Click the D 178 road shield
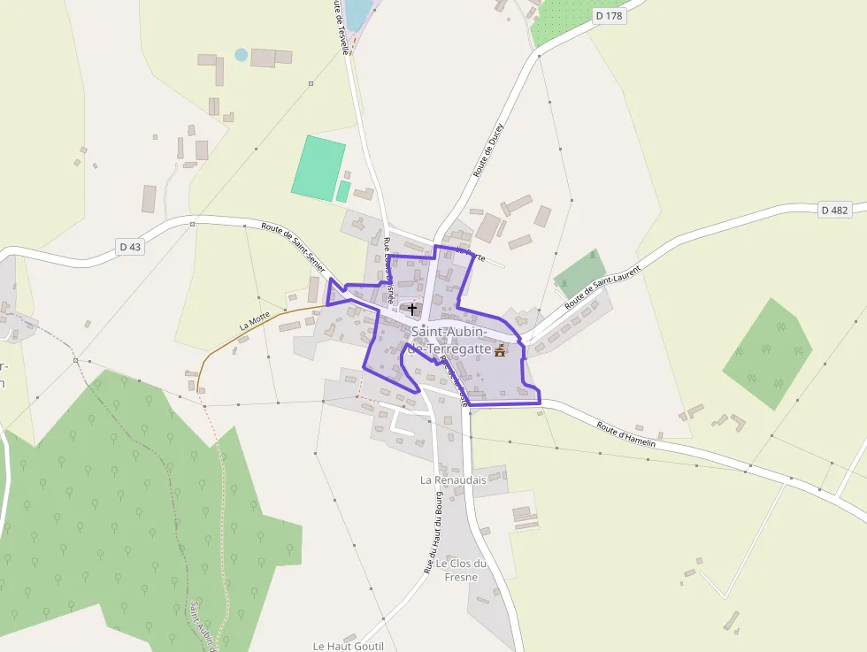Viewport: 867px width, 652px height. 610,15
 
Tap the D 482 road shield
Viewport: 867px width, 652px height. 834,210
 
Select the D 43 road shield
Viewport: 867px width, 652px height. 130,247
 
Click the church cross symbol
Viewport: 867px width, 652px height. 412,309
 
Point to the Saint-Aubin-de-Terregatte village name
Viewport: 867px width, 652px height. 450,341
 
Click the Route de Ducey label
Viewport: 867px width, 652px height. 487,150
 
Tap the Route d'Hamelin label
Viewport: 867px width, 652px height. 625,434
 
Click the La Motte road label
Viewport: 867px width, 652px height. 255,320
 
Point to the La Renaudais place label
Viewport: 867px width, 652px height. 453,479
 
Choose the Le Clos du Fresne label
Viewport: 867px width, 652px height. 462,571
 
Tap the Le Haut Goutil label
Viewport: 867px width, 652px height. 348,646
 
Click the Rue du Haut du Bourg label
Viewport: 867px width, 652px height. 433,532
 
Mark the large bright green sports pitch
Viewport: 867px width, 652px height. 318,166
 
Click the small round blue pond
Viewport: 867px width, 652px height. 241,55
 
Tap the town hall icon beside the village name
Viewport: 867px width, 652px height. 500,350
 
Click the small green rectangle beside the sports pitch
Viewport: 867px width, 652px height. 343,191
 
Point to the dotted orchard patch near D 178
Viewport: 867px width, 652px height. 564,18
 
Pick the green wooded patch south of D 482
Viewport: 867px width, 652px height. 767,354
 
